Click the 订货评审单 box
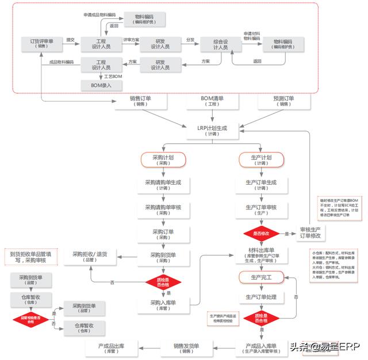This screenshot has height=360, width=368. tap(41, 44)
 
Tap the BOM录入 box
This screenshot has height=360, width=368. tap(102, 85)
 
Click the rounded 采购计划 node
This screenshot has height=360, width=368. tap(163, 159)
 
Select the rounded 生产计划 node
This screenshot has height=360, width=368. tap(262, 159)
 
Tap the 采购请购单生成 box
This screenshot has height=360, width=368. tap(163, 185)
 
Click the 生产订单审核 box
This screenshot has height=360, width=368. tap(262, 210)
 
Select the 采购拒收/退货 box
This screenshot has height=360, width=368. tap(94, 256)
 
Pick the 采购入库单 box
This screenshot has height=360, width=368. tap(163, 305)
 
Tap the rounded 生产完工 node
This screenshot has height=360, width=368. tap(262, 278)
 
